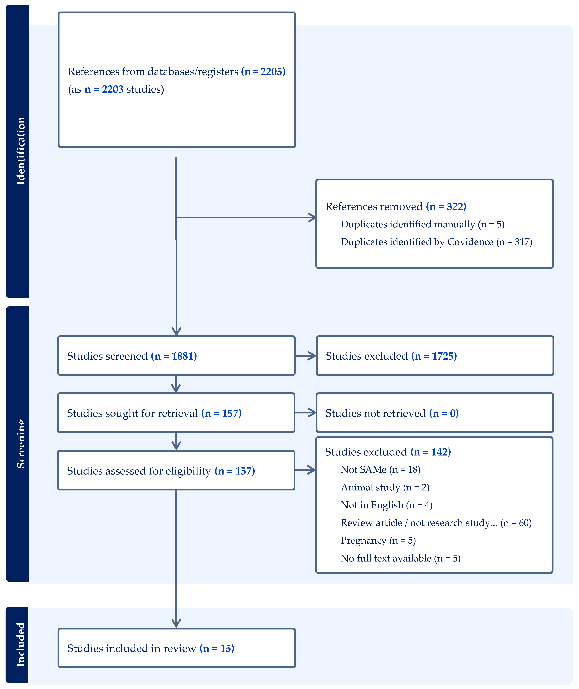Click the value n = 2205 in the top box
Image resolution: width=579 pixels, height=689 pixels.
[x=263, y=72]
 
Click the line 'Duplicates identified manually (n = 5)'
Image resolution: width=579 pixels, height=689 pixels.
[x=422, y=224]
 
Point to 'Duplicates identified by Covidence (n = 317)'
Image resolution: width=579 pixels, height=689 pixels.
[x=436, y=242]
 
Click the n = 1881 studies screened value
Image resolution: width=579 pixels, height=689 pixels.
[x=174, y=356]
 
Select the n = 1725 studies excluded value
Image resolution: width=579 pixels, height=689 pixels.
[x=434, y=356]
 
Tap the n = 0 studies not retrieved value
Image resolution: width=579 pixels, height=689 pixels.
[x=444, y=413]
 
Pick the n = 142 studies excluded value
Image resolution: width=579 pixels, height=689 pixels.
[x=431, y=452]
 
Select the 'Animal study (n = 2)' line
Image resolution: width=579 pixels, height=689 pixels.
[x=385, y=488]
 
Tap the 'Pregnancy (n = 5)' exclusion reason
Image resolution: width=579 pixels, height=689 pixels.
[x=378, y=541]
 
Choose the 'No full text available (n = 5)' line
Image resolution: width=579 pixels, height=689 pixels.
[x=400, y=559]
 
